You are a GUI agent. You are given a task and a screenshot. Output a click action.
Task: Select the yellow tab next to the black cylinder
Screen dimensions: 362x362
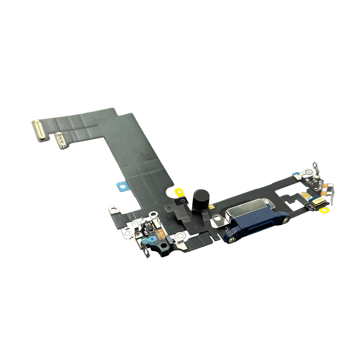coord(179,192)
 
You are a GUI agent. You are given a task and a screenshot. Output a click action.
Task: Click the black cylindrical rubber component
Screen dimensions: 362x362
coord(199,197)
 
